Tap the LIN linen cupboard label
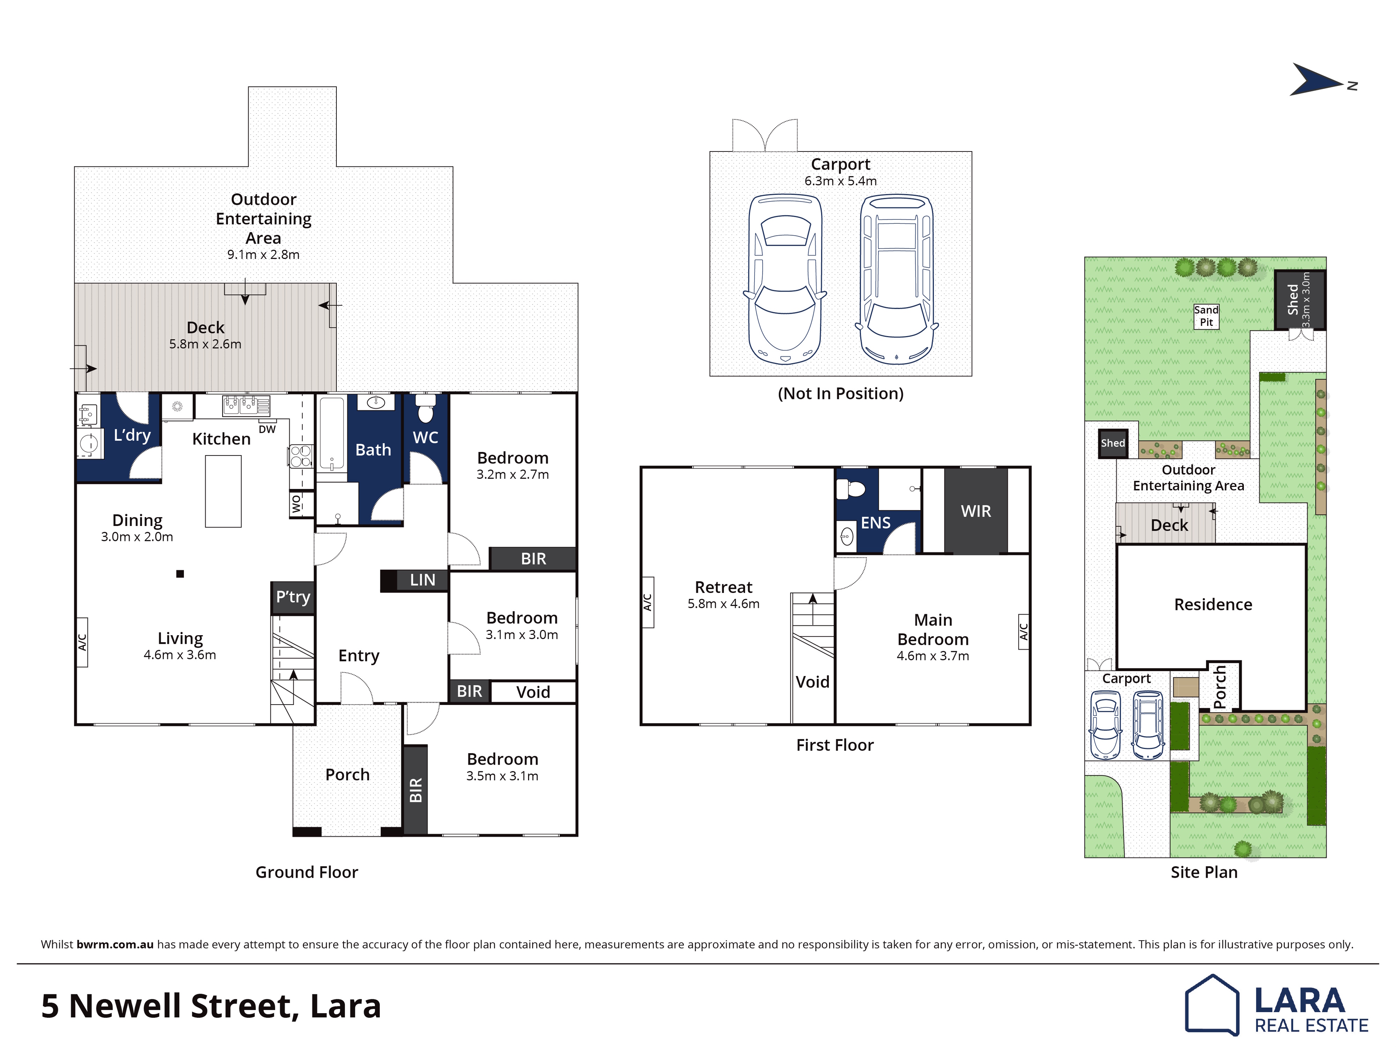click(422, 580)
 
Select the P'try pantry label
click(293, 597)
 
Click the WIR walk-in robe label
click(976, 511)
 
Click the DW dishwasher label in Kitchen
click(267, 429)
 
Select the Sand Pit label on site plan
click(1206, 315)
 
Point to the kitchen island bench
click(223, 491)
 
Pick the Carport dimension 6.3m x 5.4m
click(841, 181)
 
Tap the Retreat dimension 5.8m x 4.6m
click(724, 604)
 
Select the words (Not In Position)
click(841, 394)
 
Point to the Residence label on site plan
click(1213, 604)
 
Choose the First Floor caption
click(835, 745)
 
